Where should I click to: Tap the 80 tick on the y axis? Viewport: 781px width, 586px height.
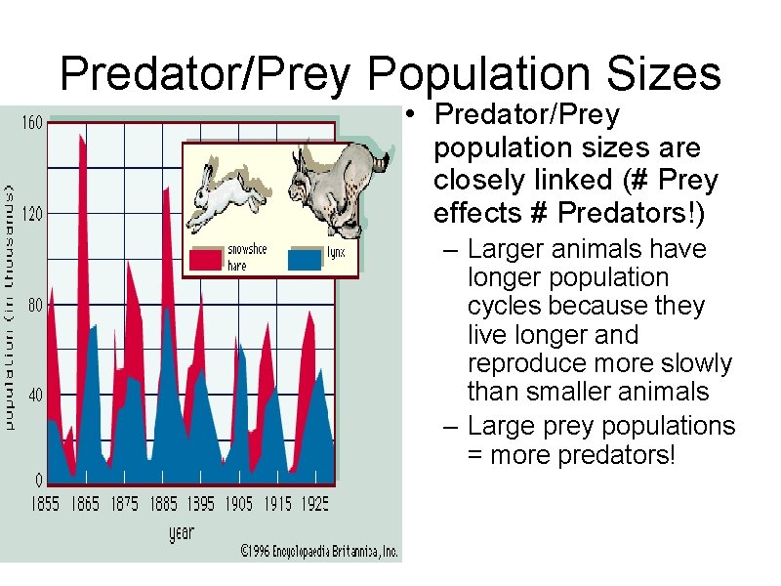point(33,305)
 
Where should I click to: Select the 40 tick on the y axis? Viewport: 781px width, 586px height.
point(33,396)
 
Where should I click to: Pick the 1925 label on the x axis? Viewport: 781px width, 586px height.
point(314,504)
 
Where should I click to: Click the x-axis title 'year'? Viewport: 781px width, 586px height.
point(182,532)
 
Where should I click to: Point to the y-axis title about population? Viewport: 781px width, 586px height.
point(9,303)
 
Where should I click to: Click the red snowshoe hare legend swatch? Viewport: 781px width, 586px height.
point(206,258)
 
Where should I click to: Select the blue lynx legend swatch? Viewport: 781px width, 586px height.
point(306,258)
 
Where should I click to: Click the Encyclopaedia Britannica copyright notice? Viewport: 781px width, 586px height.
point(320,552)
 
